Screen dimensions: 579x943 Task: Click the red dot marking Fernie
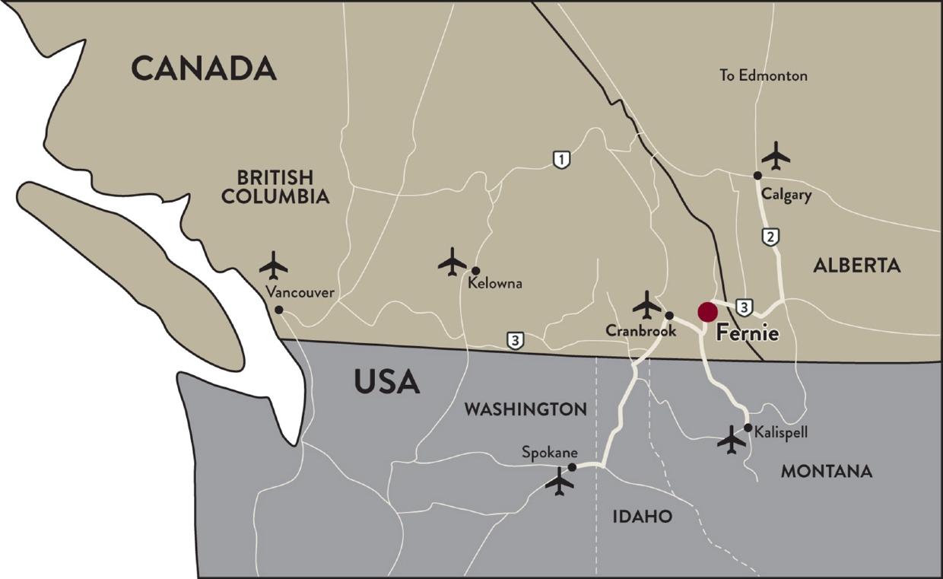click(x=707, y=312)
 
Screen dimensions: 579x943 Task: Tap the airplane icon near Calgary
click(x=776, y=156)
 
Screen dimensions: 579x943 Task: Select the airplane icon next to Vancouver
click(x=273, y=266)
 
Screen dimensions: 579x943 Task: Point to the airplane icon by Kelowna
click(x=452, y=262)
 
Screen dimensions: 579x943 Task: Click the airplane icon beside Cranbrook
click(x=647, y=305)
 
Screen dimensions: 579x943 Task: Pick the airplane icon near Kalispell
click(x=732, y=440)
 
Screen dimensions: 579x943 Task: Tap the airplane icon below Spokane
click(x=560, y=482)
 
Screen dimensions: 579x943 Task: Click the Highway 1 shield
click(x=561, y=160)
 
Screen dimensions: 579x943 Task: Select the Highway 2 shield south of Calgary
click(x=770, y=237)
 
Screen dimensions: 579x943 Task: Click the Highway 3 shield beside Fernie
click(x=745, y=307)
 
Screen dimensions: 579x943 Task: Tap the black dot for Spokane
click(x=572, y=467)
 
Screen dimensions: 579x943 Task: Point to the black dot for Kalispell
click(x=748, y=428)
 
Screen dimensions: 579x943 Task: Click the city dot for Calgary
click(x=757, y=175)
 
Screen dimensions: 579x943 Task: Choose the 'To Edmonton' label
click(x=764, y=75)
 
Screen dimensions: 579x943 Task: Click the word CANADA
click(x=203, y=68)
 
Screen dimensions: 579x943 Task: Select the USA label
click(x=386, y=381)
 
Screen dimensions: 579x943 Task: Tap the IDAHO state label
click(x=643, y=517)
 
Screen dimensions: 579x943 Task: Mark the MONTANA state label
click(x=827, y=472)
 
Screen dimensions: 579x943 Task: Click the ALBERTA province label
click(x=856, y=265)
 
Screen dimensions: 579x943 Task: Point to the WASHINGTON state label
click(x=525, y=409)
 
